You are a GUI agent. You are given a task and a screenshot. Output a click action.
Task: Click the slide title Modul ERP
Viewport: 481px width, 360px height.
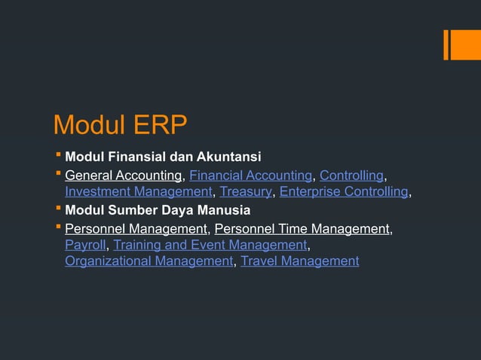pos(120,125)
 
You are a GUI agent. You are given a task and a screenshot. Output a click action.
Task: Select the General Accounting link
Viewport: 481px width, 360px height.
pos(124,175)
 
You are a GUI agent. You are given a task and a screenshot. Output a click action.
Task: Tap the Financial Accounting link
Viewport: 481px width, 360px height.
pos(250,175)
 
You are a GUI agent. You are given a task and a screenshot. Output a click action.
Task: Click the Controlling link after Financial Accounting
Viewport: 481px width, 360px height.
pos(352,175)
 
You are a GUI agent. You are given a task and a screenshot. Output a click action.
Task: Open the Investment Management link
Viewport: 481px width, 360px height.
pos(139,192)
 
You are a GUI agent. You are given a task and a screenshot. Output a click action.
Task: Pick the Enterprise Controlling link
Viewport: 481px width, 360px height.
pos(344,192)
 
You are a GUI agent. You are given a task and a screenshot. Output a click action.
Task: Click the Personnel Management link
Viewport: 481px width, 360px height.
pos(136,228)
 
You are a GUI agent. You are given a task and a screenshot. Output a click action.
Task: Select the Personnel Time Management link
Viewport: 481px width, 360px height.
pos(303,228)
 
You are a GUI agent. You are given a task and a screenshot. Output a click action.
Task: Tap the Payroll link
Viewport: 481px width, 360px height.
pos(85,245)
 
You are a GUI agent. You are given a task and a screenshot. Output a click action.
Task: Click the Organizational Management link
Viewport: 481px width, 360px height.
pos(149,261)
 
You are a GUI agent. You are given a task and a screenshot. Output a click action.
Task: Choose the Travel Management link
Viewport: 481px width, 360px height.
pos(299,261)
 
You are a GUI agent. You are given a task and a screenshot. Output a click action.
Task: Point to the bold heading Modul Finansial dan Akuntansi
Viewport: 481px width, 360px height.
pos(163,157)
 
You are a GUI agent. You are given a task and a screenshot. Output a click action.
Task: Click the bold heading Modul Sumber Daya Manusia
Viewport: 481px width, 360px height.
pos(158,210)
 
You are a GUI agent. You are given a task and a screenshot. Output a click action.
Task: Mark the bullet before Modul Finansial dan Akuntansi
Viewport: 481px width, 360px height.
pos(59,157)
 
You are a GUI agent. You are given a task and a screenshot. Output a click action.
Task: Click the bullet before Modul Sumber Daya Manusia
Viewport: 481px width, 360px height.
pos(59,209)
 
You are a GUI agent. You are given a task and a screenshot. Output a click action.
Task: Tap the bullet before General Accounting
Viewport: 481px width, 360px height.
pos(59,175)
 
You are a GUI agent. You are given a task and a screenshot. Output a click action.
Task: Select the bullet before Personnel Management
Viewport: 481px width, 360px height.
pos(59,227)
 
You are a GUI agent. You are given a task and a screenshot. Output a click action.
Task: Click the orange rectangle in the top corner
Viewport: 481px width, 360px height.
pos(461,44)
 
